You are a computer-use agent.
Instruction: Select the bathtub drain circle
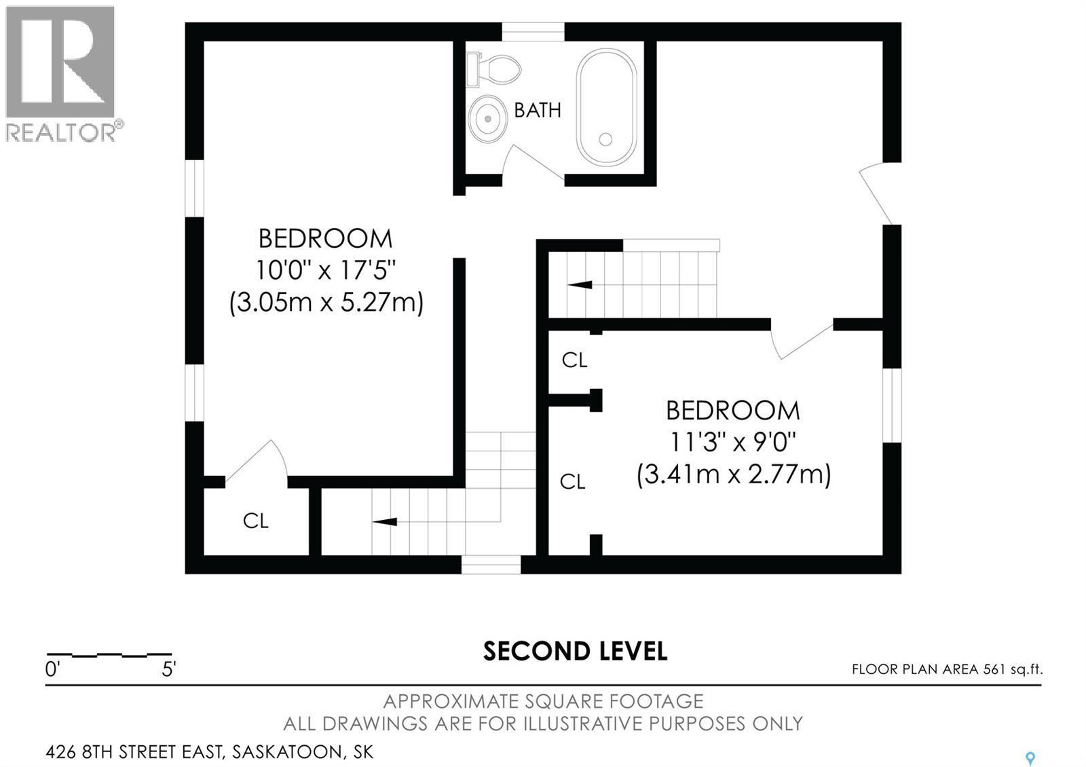coord(605,139)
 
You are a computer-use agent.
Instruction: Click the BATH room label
coord(538,110)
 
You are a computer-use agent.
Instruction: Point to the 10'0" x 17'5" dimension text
coord(326,270)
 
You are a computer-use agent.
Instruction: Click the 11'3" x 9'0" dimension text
coord(732,443)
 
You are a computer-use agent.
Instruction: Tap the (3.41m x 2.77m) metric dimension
coord(733,474)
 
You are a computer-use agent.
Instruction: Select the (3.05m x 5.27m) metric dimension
coord(326,301)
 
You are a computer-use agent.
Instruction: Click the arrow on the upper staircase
coord(580,285)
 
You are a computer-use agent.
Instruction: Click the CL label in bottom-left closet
coord(256,521)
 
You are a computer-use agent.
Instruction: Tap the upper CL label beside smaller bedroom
coord(574,360)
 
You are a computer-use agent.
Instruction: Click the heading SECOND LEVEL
coord(575,651)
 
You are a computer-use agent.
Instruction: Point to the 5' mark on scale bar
coord(169,669)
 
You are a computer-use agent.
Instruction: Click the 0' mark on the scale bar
coord(52,669)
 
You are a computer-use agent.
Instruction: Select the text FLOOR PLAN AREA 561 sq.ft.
coord(947,669)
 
